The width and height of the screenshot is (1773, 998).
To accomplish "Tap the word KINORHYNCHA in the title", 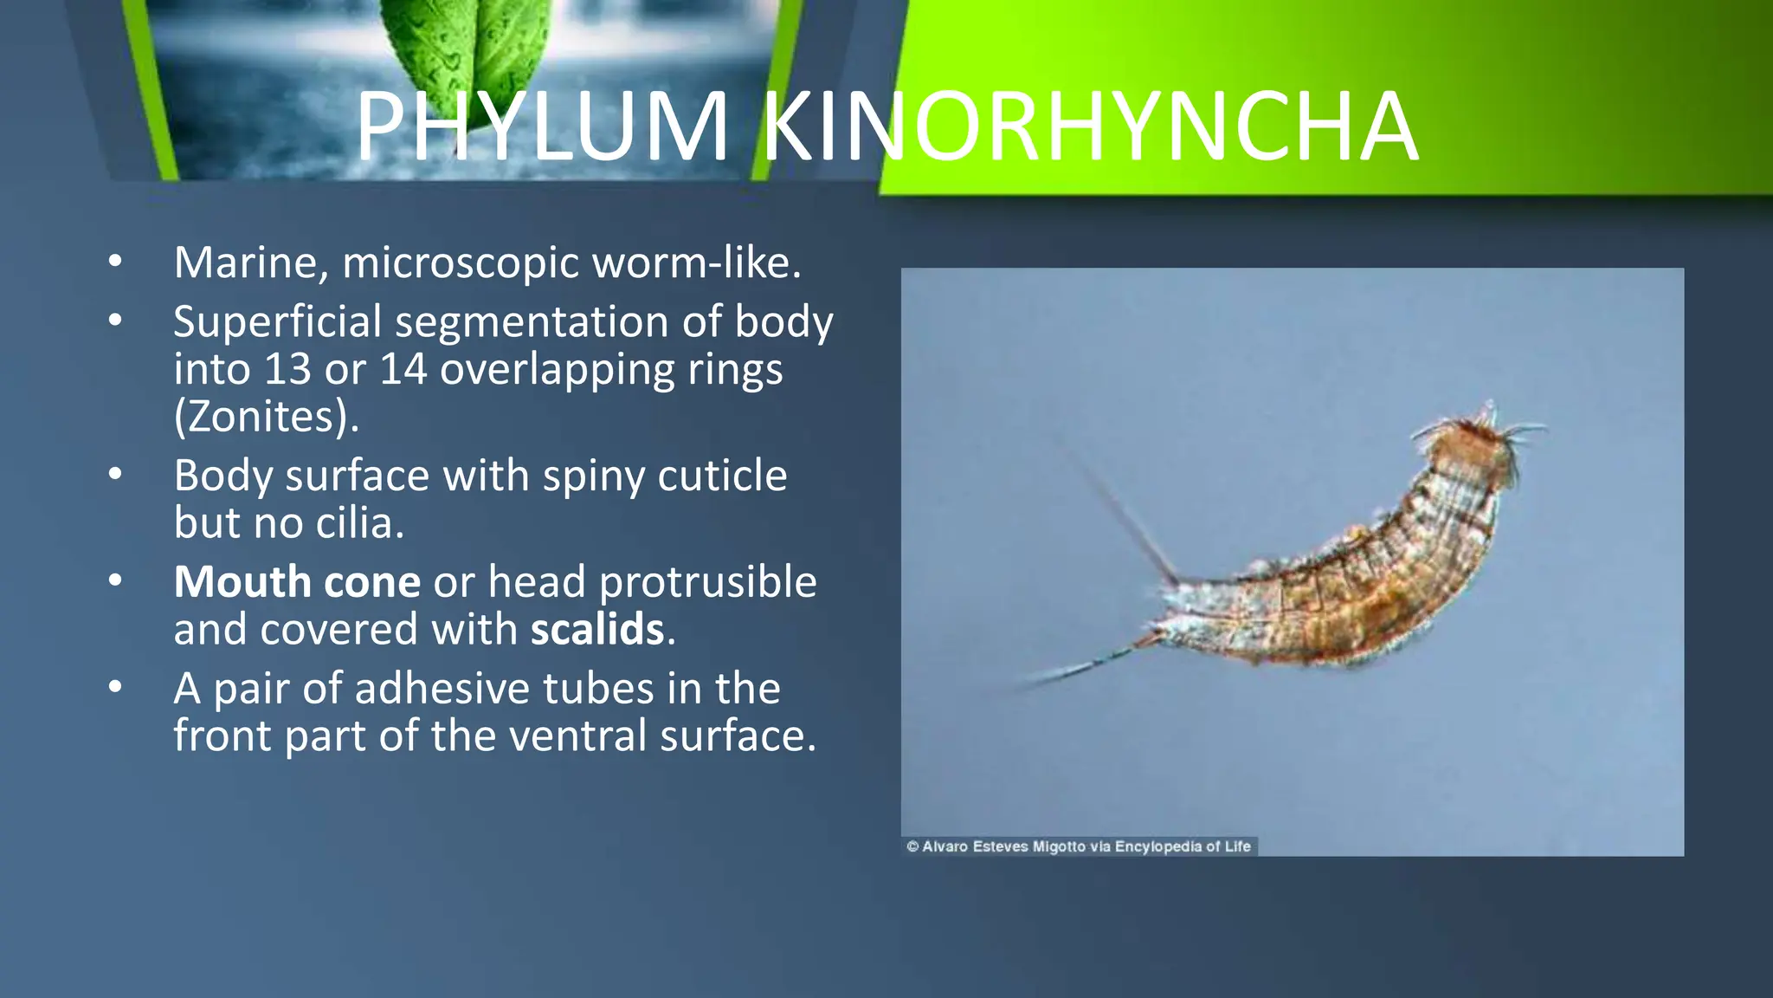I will (1089, 127).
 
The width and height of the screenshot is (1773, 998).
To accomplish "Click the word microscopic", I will (461, 264).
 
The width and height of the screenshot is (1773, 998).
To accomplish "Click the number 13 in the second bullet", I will (287, 369).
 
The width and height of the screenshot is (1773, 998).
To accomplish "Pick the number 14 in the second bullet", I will (403, 369).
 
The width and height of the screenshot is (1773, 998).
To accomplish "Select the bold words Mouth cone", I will (297, 581).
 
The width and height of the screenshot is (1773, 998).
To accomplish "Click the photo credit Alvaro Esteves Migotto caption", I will (1079, 846).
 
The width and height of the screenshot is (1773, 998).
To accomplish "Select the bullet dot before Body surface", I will (115, 475).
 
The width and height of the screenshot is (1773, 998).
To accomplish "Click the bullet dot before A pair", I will (115, 688).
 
